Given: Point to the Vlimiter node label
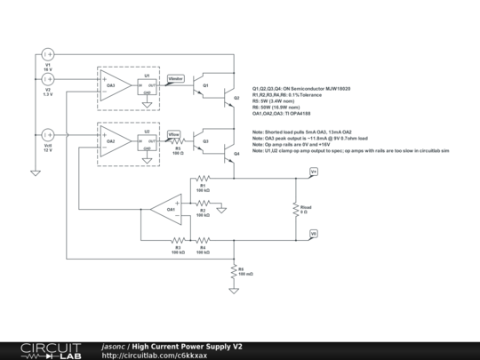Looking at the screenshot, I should coord(176,80).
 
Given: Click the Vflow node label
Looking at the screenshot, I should coord(174,134).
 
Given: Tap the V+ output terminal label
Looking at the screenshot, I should coord(314,171).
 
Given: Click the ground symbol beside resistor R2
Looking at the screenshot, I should coord(224,209).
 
